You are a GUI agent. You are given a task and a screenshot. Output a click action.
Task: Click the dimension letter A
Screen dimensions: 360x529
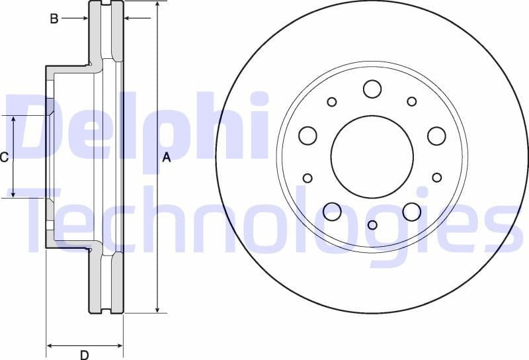click(x=167, y=157)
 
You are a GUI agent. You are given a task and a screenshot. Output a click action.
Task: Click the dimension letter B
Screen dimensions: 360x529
click(x=54, y=19)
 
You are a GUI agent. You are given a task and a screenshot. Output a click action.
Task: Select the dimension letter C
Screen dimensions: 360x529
click(x=4, y=157)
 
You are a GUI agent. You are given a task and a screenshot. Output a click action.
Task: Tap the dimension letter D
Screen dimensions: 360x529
click(x=84, y=355)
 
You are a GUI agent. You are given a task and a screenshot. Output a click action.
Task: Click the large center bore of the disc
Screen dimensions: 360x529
click(x=372, y=156)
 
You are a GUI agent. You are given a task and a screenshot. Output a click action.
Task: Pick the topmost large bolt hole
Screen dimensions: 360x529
click(x=372, y=89)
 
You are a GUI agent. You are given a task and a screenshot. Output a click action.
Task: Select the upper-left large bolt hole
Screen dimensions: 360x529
click(x=307, y=136)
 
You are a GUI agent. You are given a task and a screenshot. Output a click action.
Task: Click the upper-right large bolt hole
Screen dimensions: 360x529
click(x=436, y=136)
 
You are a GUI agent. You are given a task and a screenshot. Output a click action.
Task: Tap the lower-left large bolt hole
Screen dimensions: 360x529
click(x=332, y=212)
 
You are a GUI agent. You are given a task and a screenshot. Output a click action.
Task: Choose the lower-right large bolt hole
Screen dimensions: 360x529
click(x=411, y=212)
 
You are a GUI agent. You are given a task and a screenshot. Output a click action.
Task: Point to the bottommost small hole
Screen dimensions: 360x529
click(x=372, y=225)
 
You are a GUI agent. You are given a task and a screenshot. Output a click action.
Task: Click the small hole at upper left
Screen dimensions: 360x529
click(x=332, y=101)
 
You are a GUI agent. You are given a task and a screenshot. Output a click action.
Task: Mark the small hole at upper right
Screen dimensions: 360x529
click(x=412, y=101)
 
